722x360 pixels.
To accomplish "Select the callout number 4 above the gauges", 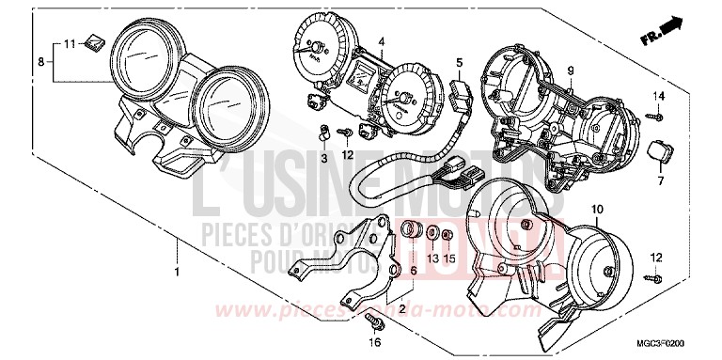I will pos(382,42).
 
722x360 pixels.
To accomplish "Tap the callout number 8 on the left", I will pos(39,61).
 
